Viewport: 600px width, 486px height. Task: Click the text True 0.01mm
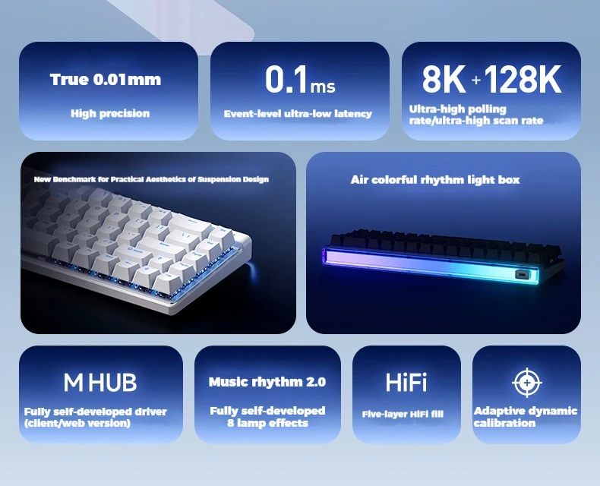point(106,80)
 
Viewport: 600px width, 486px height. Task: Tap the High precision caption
point(110,113)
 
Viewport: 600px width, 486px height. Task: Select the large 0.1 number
point(286,79)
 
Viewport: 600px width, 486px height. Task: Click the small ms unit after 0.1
point(323,87)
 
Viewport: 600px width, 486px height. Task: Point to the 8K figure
point(444,79)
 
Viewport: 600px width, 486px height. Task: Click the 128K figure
point(523,79)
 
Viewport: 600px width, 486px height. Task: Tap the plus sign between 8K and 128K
point(475,80)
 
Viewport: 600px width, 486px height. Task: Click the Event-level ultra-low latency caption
point(298,114)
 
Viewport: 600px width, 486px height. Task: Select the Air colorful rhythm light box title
point(435,179)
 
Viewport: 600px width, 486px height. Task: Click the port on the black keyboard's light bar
point(522,274)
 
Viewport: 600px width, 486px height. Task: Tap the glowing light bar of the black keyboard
point(431,264)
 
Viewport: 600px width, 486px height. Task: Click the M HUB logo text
point(99,382)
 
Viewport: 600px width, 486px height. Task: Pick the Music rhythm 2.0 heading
point(267,381)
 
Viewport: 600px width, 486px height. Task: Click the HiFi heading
point(406,382)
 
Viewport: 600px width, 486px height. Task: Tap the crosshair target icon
point(527,382)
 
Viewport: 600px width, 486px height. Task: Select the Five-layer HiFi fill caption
point(403,414)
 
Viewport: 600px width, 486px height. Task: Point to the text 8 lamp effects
point(267,423)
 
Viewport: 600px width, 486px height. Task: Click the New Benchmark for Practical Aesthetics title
point(151,179)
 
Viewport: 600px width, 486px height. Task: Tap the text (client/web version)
point(77,423)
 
